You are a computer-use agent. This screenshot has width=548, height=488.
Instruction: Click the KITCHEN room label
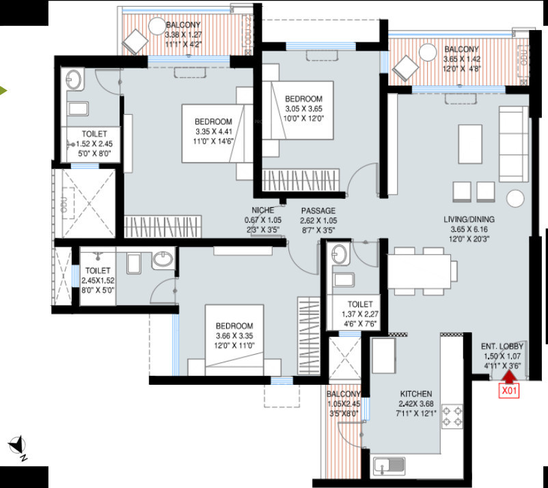[416, 394]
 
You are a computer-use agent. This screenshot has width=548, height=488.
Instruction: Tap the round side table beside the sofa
[514, 198]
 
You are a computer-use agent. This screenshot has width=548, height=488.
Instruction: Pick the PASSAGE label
[318, 211]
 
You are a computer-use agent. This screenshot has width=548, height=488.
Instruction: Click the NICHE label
[263, 210]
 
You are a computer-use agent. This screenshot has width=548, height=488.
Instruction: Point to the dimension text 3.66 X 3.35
[234, 336]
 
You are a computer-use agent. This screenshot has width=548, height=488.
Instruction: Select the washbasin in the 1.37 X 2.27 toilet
[340, 256]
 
